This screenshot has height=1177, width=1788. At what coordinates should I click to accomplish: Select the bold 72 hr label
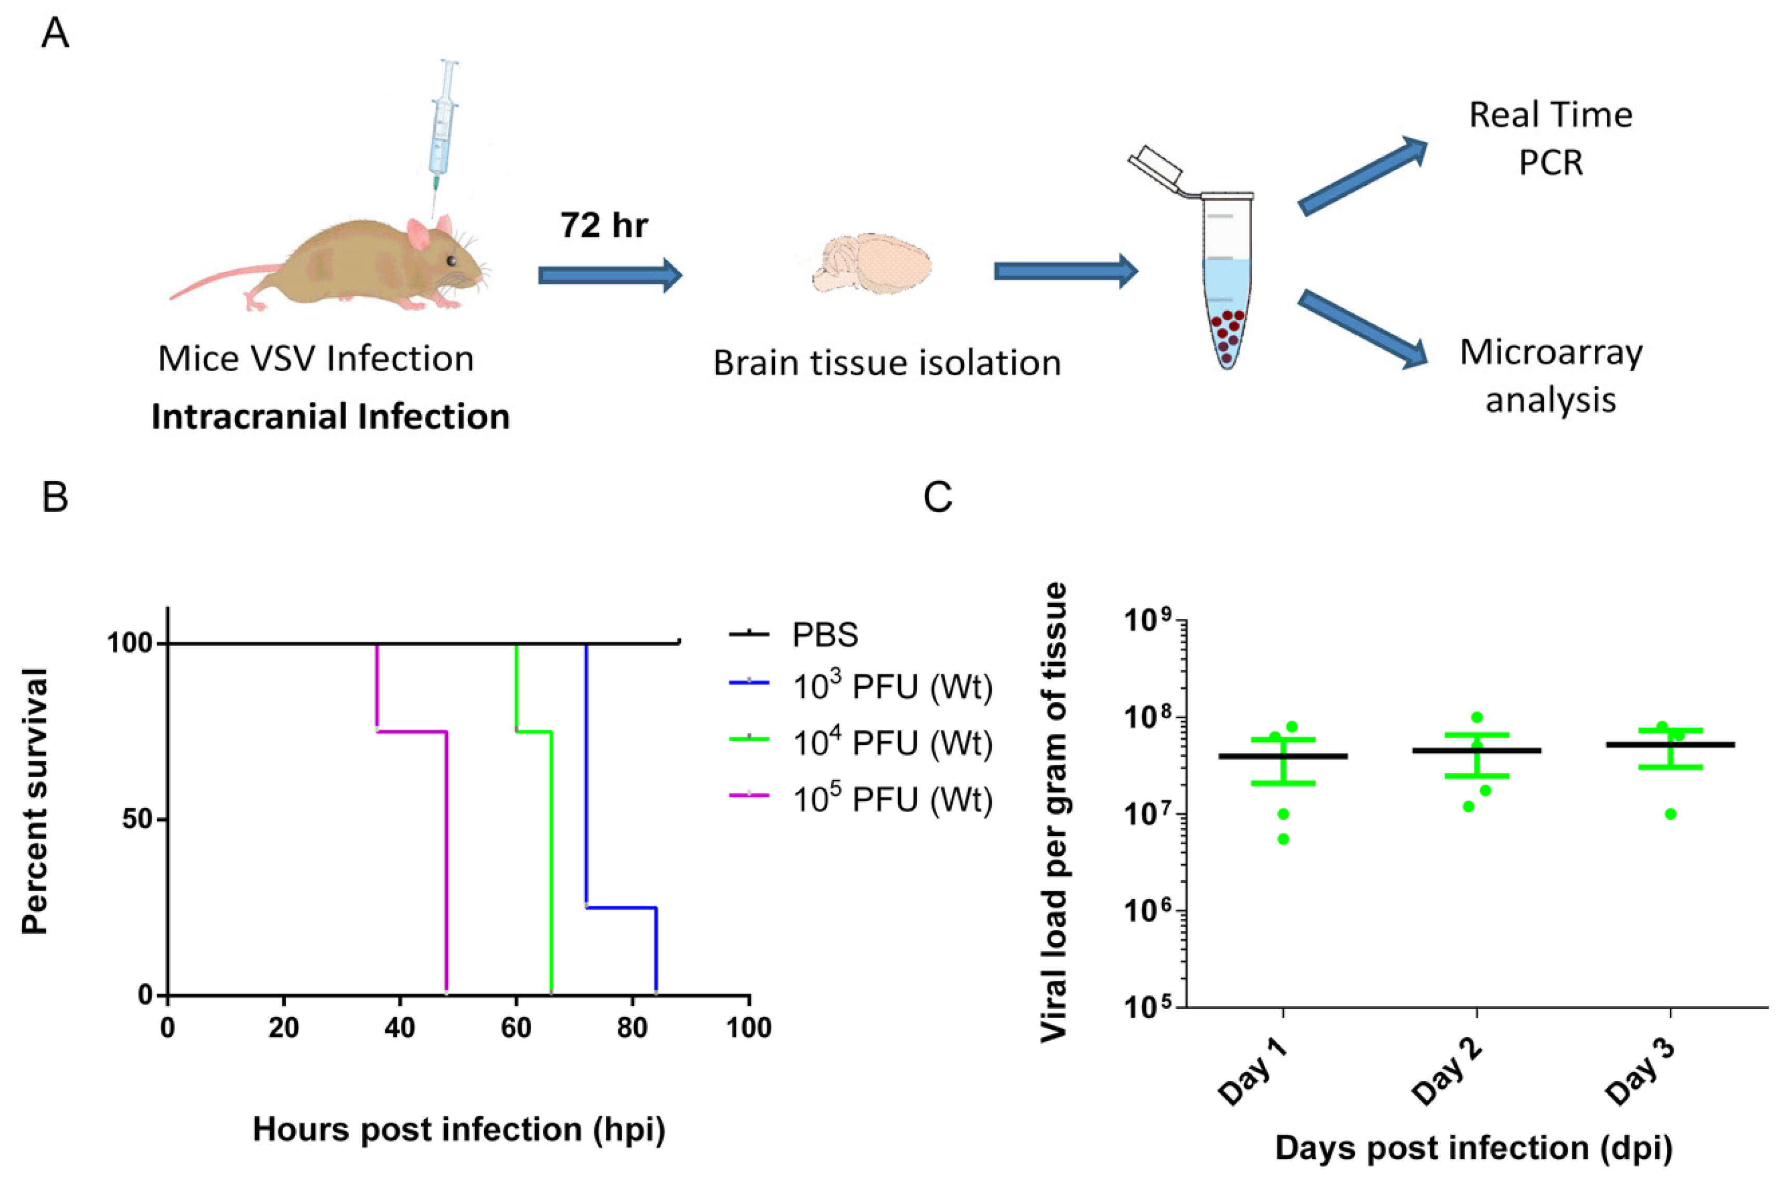click(x=603, y=225)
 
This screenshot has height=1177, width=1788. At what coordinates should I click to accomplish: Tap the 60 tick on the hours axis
click(x=516, y=1028)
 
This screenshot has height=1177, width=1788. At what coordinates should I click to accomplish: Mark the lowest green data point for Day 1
click(x=1283, y=839)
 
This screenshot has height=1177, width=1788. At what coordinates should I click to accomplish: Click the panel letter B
click(x=55, y=498)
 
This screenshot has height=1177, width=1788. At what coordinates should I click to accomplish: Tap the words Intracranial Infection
click(x=331, y=417)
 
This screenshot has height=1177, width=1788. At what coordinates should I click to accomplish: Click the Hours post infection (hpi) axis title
click(x=458, y=1129)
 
